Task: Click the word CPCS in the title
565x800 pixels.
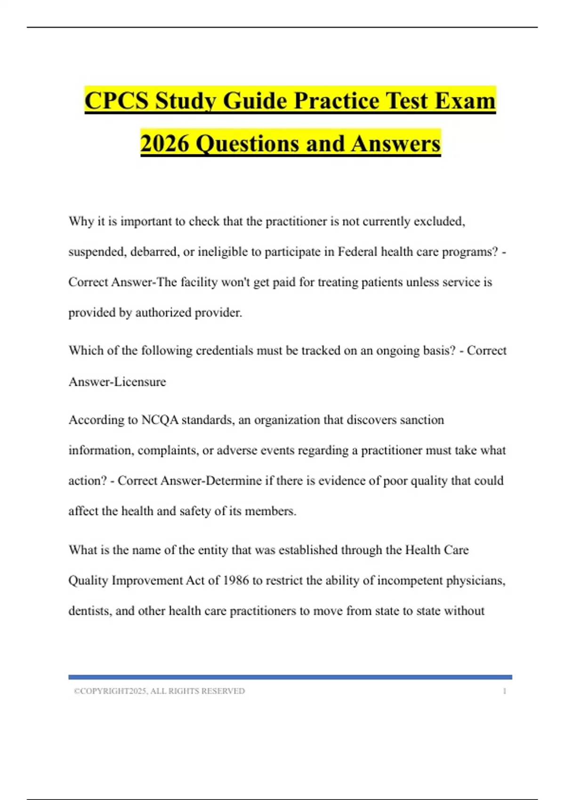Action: tap(117, 101)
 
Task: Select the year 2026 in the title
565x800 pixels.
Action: tap(165, 144)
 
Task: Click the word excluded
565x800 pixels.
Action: tap(439, 221)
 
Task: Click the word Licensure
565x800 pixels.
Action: tap(140, 382)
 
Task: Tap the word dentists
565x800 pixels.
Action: tap(90, 611)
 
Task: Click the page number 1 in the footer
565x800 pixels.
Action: tap(505, 691)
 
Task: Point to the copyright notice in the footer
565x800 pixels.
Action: tap(159, 691)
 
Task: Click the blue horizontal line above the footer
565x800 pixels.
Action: tap(290, 677)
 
